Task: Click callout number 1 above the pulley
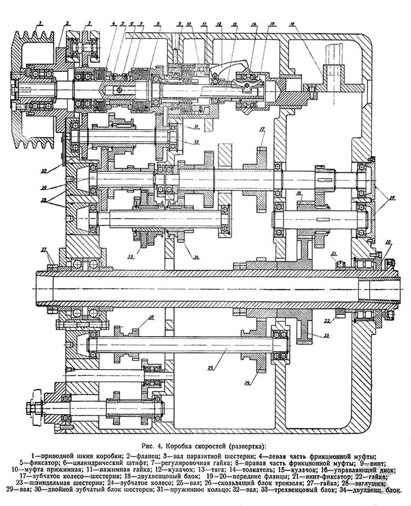pos(40,24)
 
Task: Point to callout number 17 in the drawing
pos(262,129)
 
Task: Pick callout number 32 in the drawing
pos(196,142)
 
